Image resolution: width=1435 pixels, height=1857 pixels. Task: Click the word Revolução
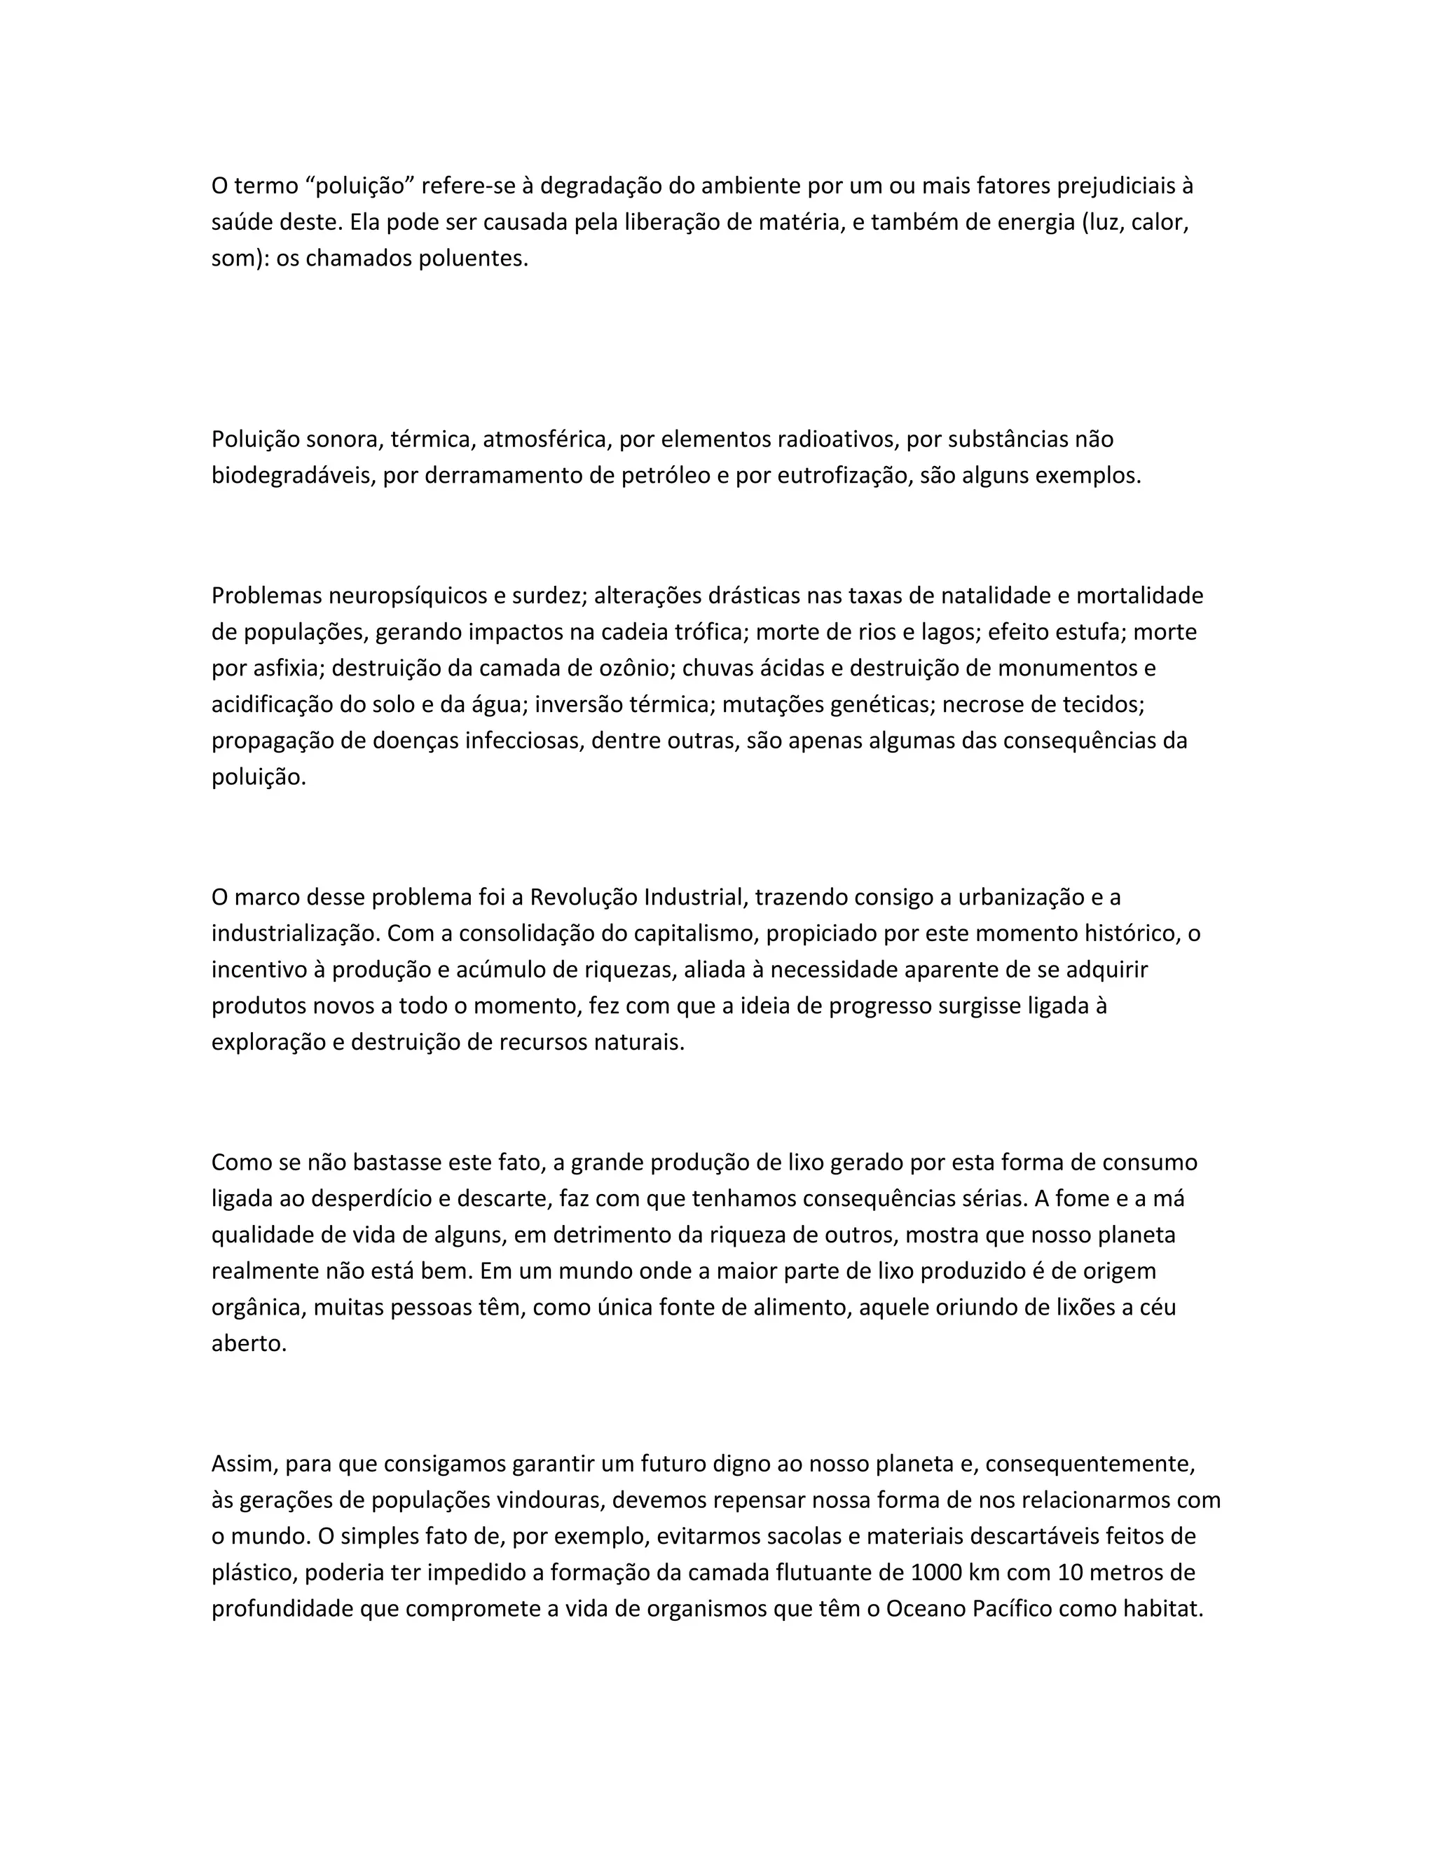coord(584,897)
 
